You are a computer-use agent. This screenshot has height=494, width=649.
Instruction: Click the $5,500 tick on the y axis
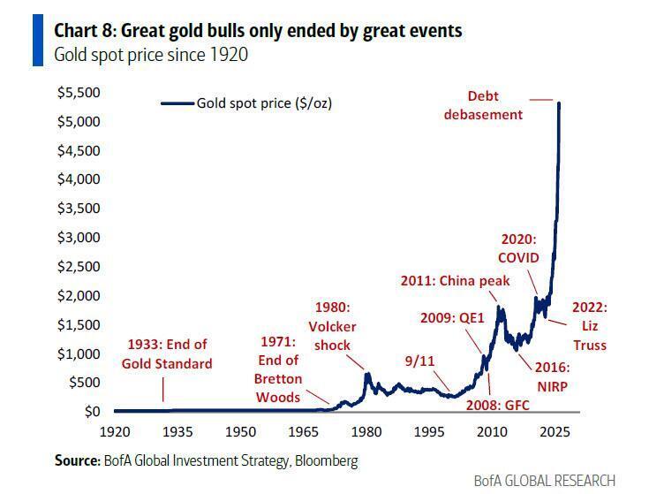click(79, 93)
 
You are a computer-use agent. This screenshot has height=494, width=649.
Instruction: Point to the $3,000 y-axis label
click(79, 238)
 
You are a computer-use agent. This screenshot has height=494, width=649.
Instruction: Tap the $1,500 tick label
click(79, 325)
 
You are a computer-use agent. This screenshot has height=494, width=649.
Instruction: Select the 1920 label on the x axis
click(116, 432)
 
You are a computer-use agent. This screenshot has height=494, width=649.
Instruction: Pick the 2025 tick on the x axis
click(555, 432)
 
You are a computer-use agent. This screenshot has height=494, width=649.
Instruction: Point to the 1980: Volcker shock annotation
click(333, 325)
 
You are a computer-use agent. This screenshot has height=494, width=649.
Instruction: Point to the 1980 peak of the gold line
click(366, 374)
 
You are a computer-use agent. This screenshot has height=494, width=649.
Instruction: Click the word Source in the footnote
click(75, 460)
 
